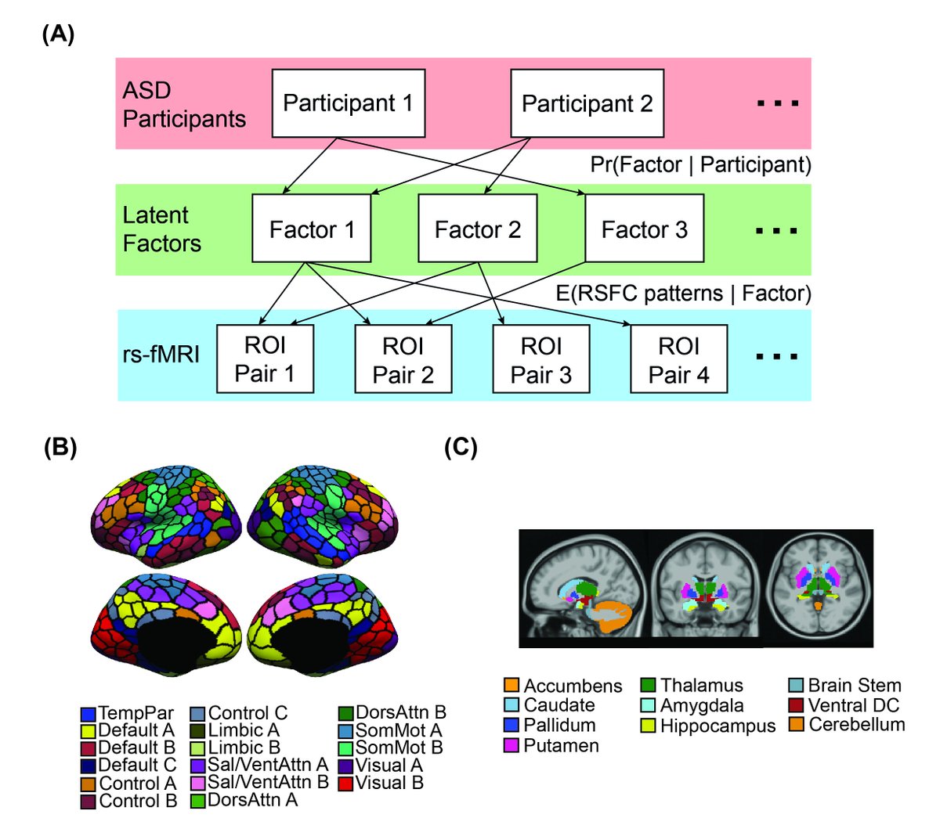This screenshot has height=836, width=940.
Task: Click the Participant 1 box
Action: (348, 103)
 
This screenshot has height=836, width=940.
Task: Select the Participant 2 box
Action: (587, 103)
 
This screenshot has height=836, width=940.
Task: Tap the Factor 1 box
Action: (311, 229)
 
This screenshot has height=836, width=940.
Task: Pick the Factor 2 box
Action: (477, 229)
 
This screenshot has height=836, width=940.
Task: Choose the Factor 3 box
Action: (644, 229)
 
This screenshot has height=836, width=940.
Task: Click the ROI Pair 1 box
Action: (265, 359)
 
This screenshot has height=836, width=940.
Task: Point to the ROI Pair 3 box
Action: (540, 359)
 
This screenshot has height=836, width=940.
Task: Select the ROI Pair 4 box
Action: (678, 359)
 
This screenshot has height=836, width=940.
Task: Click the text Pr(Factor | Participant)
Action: (700, 165)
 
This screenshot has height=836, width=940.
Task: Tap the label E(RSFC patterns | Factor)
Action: (683, 294)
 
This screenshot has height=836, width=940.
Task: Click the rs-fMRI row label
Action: (161, 355)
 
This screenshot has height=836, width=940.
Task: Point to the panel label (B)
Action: (60, 447)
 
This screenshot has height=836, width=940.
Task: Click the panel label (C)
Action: (461, 447)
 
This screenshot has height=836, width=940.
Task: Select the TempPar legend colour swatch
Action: (89, 714)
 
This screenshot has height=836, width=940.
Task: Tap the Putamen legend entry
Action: (552, 745)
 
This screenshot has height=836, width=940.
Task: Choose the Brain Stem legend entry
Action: (846, 686)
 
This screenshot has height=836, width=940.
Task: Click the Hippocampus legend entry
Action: (709, 726)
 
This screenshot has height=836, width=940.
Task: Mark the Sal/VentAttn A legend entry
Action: (259, 766)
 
